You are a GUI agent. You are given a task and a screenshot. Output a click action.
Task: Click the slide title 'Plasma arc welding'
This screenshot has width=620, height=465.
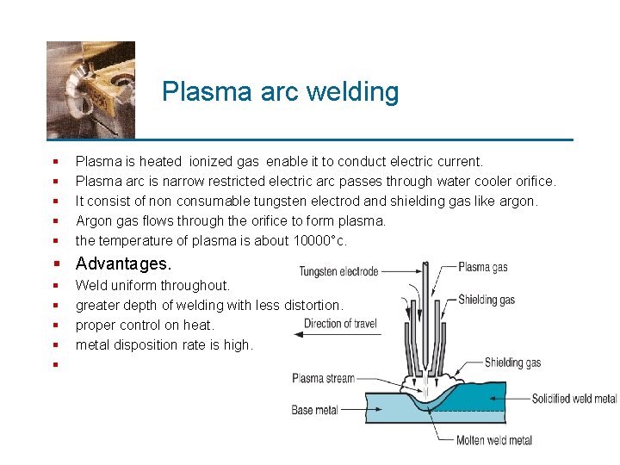click(280, 92)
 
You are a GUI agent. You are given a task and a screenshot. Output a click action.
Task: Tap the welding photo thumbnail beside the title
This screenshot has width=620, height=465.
click(90, 90)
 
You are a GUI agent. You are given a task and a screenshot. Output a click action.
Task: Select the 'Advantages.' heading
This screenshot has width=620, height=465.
click(123, 263)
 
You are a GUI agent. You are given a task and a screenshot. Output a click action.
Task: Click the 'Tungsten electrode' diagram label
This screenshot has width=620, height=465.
click(338, 272)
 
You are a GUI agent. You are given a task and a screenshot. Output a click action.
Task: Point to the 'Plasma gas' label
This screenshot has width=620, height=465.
click(482, 267)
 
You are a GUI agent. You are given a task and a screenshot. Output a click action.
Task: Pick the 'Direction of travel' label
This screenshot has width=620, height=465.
click(340, 324)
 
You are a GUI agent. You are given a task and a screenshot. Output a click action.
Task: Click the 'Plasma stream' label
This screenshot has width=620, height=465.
click(323, 378)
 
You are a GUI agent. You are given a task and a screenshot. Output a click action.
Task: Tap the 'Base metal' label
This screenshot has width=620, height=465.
click(314, 410)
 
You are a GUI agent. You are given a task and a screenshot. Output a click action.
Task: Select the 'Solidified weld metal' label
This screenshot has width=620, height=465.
click(573, 399)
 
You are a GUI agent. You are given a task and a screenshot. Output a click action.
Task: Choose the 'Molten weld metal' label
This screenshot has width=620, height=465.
click(493, 440)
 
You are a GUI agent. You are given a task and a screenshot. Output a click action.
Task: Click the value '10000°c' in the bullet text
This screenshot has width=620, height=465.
click(319, 241)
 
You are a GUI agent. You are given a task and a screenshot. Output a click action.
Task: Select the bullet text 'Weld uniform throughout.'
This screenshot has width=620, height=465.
click(152, 285)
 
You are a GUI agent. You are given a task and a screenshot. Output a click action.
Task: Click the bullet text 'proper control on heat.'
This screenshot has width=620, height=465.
click(145, 325)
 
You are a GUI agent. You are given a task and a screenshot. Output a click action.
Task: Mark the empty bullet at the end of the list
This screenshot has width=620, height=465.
click(54, 365)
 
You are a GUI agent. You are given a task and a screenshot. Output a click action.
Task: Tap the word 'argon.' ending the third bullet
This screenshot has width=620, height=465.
click(518, 201)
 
